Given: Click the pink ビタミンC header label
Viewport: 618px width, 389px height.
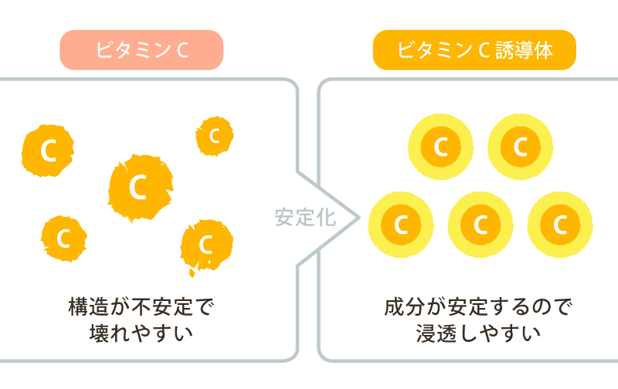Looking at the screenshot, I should pos(141,50).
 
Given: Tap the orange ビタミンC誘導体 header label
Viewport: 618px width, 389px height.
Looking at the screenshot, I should pos(474,50).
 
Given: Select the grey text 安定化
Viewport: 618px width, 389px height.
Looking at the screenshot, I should pos(305,217).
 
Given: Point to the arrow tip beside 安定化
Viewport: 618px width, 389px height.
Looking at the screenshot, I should pos(358,217).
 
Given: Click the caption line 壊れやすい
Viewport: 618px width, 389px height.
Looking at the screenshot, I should pos(141,334).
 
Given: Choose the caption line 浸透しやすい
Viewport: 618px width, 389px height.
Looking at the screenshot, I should pos(474,334).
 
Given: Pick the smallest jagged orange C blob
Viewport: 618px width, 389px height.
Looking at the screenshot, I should pos(214,137).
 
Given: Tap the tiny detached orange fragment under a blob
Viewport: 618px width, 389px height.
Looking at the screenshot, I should pos(191,272).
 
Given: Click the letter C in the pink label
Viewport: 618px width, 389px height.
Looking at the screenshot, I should pos(184,50).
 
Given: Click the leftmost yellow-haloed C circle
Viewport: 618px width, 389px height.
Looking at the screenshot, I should pos(400,225).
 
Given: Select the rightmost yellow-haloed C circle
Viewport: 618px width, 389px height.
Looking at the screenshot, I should pos(560,225).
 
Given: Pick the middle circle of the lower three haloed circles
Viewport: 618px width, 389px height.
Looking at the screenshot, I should pos(480,225).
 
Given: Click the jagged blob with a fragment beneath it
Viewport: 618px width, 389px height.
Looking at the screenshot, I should pos(205,245).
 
